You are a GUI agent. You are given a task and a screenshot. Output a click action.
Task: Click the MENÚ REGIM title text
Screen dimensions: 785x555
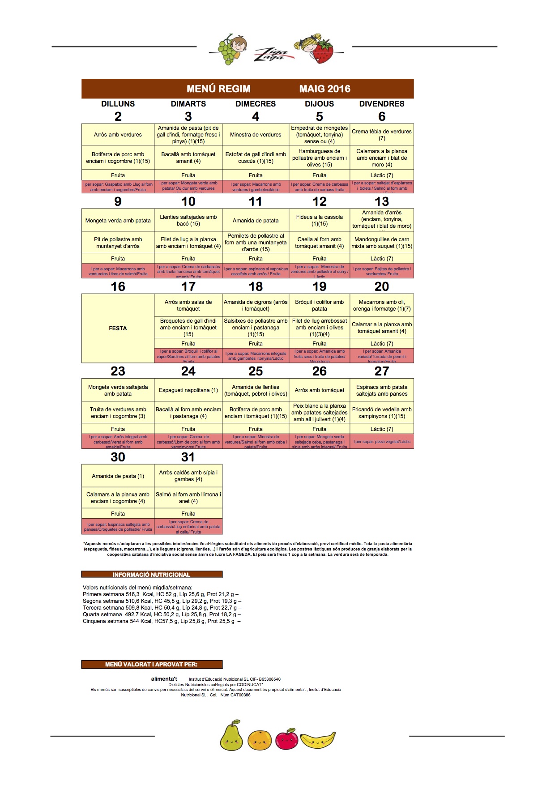(x=218, y=89)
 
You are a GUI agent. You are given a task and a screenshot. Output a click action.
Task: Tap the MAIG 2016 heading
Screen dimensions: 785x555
(x=324, y=89)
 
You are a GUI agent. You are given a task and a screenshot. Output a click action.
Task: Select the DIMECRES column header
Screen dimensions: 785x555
(x=256, y=104)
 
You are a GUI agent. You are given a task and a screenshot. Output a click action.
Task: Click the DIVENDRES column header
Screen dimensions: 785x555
(x=382, y=104)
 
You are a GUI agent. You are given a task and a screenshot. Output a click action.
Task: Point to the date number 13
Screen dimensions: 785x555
(x=382, y=201)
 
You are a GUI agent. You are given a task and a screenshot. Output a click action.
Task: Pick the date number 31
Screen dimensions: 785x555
(x=188, y=457)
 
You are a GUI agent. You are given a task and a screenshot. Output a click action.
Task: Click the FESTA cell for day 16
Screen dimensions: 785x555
(x=118, y=328)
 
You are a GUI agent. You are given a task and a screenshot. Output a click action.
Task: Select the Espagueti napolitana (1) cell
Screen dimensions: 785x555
(x=188, y=390)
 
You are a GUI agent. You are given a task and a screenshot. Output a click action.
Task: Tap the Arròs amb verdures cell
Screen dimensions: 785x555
(x=118, y=135)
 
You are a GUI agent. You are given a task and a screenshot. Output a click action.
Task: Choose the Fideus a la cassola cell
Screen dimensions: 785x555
(x=320, y=220)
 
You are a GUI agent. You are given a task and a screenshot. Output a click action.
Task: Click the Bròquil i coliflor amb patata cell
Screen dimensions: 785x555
(x=320, y=305)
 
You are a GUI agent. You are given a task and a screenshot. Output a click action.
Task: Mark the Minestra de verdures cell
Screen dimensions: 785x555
(x=256, y=135)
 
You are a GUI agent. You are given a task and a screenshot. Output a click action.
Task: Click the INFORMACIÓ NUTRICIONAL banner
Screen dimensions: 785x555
(x=152, y=575)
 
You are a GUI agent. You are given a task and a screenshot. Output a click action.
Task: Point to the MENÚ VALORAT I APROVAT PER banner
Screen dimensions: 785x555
(x=152, y=665)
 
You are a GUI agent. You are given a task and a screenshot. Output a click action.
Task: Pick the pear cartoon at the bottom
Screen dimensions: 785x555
(x=231, y=737)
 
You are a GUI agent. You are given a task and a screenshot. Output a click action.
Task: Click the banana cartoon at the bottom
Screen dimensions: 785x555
(x=318, y=740)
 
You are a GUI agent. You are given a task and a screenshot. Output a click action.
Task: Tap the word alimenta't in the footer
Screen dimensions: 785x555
(x=164, y=679)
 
